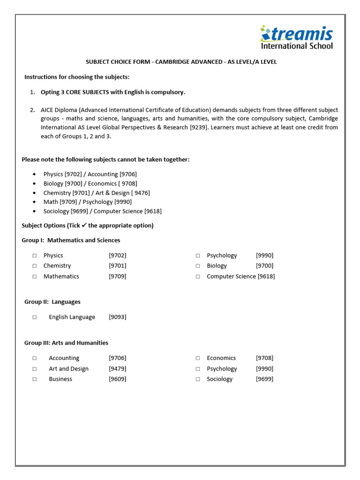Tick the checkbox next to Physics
(x=35, y=255)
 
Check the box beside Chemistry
(x=35, y=266)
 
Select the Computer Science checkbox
(x=198, y=277)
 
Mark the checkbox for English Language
(x=35, y=317)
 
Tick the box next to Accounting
(x=35, y=358)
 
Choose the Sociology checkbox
(x=198, y=379)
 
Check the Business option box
(x=35, y=379)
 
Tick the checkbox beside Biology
(x=198, y=266)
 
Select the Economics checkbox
(x=198, y=358)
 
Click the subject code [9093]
(x=117, y=317)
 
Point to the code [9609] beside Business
(x=117, y=379)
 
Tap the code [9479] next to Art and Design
(x=117, y=369)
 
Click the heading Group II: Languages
(x=52, y=302)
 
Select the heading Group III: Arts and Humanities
(x=66, y=343)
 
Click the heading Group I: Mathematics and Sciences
(x=71, y=240)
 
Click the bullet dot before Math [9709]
(x=35, y=202)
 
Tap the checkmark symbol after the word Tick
(x=84, y=225)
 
